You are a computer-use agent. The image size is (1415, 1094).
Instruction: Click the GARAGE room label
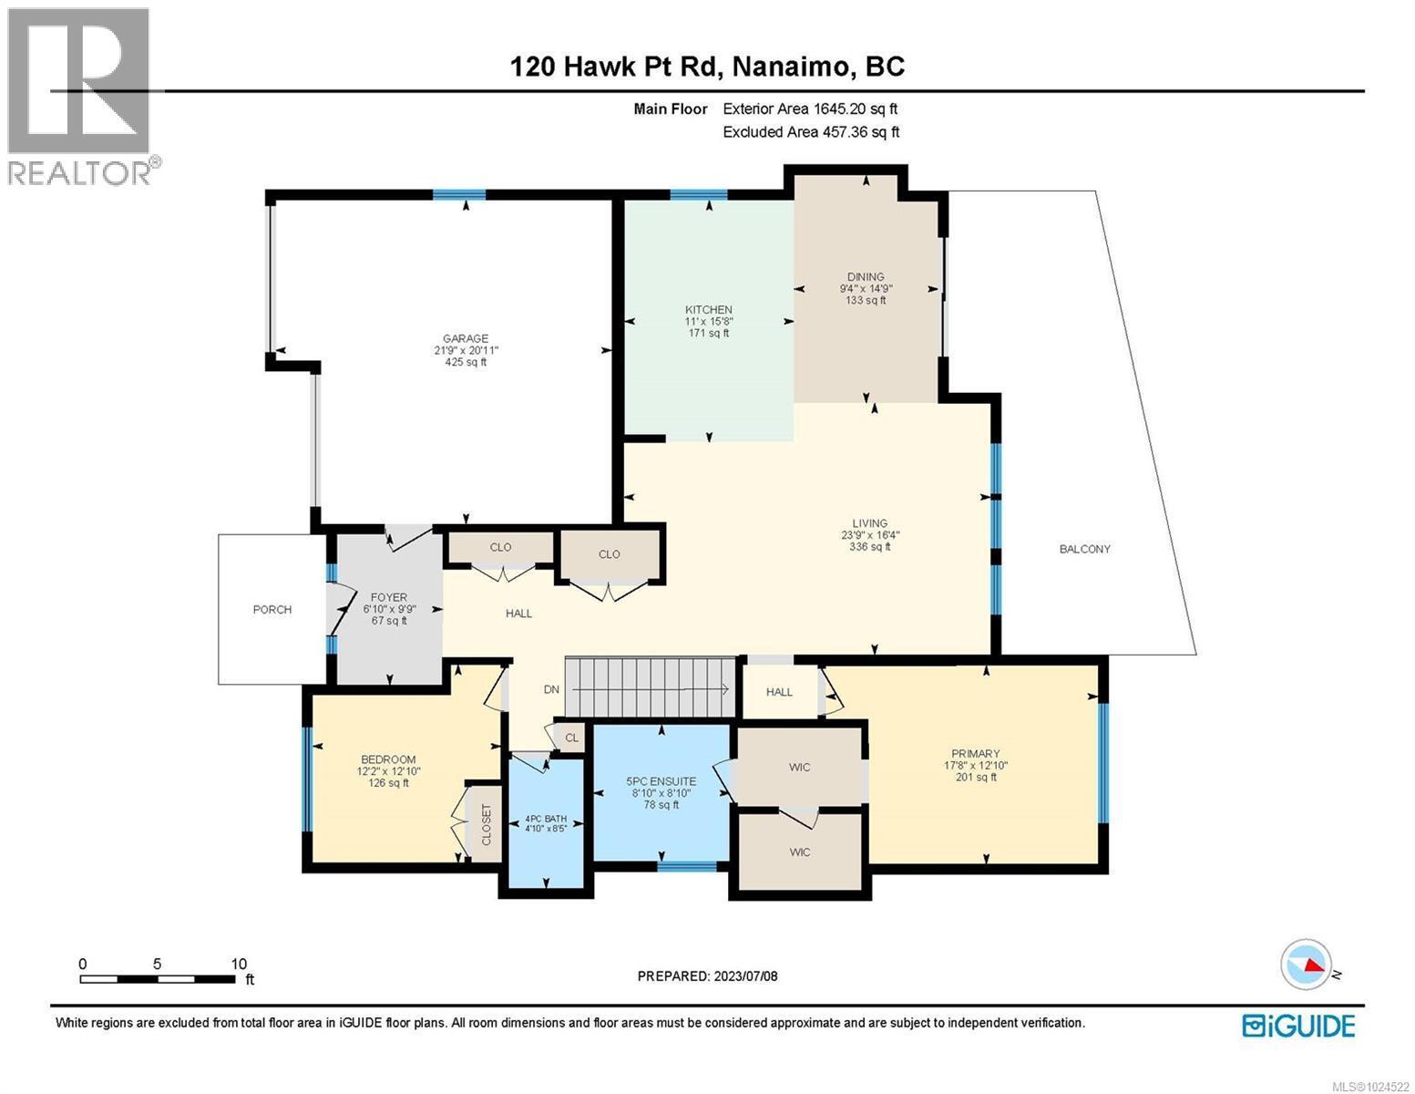(x=467, y=338)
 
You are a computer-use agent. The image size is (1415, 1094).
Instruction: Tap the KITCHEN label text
(x=708, y=310)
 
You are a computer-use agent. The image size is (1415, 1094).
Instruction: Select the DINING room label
(x=865, y=277)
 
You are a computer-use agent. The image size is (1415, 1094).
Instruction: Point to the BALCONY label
(x=1084, y=549)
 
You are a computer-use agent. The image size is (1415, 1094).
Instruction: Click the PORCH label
(x=272, y=609)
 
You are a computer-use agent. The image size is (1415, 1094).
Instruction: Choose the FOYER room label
(x=389, y=597)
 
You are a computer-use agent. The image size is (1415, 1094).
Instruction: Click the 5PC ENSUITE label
(x=661, y=781)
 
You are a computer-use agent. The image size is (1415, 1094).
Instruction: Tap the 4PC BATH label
(x=545, y=818)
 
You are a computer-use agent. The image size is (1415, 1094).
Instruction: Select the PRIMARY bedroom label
(x=975, y=753)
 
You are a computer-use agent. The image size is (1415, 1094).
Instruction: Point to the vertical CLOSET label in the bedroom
(x=485, y=824)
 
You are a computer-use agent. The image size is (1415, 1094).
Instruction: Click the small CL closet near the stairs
(x=571, y=738)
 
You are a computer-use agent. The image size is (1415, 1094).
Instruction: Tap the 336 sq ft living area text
(x=869, y=547)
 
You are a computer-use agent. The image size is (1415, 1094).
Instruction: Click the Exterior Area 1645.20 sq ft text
(x=816, y=108)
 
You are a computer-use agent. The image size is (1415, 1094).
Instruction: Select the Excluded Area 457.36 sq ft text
(x=811, y=132)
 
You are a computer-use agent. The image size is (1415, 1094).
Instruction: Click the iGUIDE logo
(x=1298, y=1025)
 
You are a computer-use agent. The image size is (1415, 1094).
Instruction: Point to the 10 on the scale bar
(x=239, y=964)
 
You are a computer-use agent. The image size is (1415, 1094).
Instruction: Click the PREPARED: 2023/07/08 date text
(x=707, y=976)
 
